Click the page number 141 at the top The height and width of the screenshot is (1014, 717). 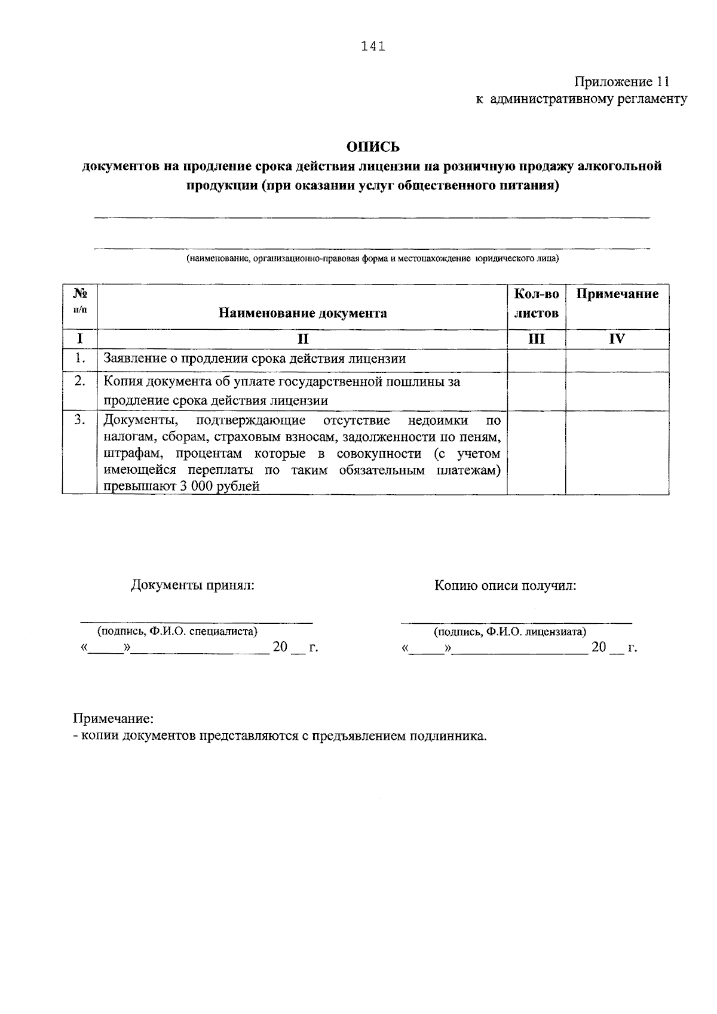click(373, 47)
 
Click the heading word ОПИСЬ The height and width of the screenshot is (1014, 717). click(373, 146)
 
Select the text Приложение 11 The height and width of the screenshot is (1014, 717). click(622, 81)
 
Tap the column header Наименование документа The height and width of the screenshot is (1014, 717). click(302, 313)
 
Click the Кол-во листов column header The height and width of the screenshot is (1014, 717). click(536, 304)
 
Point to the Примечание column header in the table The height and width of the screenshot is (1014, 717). click(617, 294)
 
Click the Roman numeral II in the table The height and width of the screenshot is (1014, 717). click(303, 339)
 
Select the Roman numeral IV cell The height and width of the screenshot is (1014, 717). click(617, 339)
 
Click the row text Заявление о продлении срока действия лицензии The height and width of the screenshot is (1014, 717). click(255, 359)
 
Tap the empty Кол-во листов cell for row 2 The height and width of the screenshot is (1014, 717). click(536, 391)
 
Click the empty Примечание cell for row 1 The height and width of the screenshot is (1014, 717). click(617, 359)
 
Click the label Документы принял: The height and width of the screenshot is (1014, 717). click(193, 585)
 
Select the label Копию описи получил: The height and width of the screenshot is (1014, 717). click(505, 585)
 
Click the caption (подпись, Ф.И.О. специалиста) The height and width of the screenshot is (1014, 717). click(177, 631)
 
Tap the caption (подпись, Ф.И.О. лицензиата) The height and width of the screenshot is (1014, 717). click(510, 631)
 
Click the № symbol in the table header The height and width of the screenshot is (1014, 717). click(80, 294)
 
